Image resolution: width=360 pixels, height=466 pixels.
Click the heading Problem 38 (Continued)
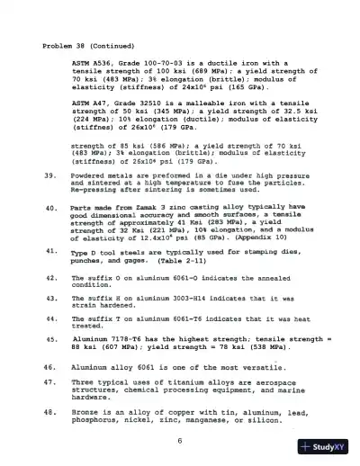point(83,44)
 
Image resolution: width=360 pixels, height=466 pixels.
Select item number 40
point(49,208)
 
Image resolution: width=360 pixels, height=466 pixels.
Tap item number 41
point(49,253)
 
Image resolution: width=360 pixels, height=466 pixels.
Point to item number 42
point(49,278)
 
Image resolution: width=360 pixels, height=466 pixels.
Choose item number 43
point(49,296)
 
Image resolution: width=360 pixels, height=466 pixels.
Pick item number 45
point(49,339)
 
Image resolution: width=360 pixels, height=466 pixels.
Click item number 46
point(49,367)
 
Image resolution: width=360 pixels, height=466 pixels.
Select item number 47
point(49,382)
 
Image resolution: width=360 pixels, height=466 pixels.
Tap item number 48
point(49,410)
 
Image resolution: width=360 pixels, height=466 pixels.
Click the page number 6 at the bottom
point(180,440)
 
